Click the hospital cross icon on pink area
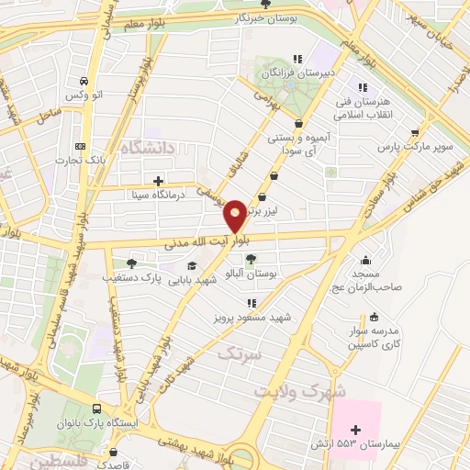356,430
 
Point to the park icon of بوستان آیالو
251,259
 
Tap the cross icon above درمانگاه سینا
159,181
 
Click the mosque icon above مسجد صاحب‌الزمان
367,259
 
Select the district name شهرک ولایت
302,390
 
